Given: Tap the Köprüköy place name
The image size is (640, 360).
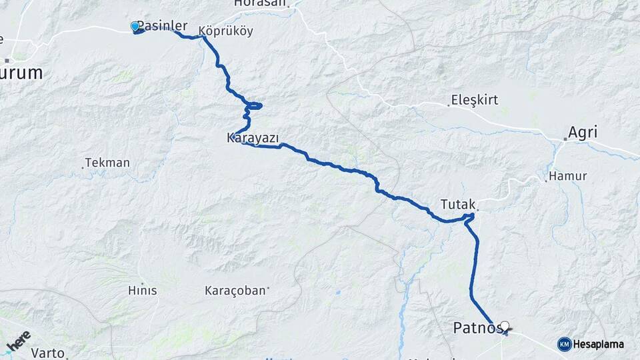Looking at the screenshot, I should click(x=226, y=31).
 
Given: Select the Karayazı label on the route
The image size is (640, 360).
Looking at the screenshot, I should click(x=253, y=138).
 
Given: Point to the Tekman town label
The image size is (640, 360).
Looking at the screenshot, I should click(x=108, y=163).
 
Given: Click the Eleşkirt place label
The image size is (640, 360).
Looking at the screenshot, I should click(x=475, y=101).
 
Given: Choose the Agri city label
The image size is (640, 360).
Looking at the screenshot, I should click(x=583, y=133).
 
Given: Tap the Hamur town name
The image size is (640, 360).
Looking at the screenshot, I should click(x=569, y=177).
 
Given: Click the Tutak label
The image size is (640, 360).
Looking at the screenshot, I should click(x=457, y=203).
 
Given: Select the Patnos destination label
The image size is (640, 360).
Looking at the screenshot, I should click(x=475, y=328).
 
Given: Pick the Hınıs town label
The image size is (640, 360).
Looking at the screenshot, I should click(x=142, y=291).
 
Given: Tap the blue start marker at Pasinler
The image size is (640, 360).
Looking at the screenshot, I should click(x=135, y=27).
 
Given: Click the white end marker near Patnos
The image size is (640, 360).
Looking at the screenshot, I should click(x=505, y=326).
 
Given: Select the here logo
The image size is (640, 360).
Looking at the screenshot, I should click(x=19, y=341).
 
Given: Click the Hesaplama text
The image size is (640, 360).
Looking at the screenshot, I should click(x=599, y=344).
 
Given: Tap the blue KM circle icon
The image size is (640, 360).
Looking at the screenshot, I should click(x=565, y=344).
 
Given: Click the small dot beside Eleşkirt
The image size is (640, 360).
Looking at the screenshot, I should click(x=449, y=105).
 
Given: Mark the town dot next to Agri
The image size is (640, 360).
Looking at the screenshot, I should click(x=565, y=139).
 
